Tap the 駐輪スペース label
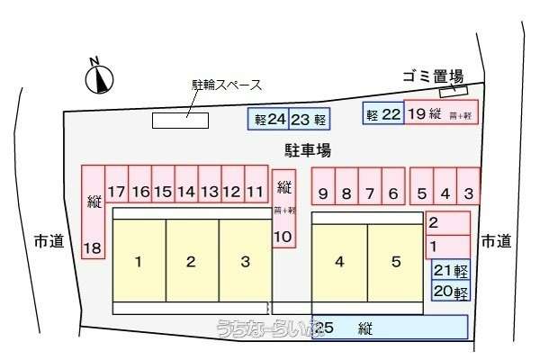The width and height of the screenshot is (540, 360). tap(226, 85)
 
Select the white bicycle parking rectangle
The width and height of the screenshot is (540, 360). tap(179, 121)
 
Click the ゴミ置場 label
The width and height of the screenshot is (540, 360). tap(433, 76)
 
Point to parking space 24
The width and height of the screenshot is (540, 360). tap(267, 119)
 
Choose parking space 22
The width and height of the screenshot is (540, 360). tap(382, 113)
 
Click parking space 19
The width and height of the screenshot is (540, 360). tap(440, 113)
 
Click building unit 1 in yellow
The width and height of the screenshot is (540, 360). tap(139, 263)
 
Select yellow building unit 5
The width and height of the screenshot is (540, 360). tap(395, 263)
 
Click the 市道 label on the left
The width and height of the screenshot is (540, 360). tap(49, 241)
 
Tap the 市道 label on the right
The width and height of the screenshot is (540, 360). tap(496, 241)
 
